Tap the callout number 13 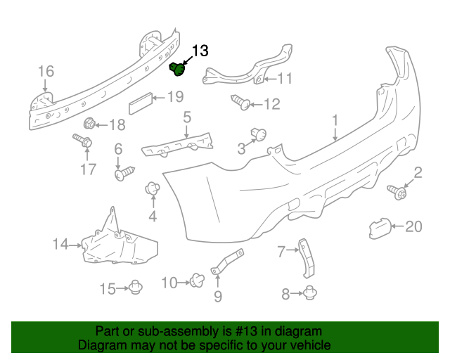(x=200, y=50)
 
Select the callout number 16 (x=45, y=71)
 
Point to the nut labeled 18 (x=89, y=125)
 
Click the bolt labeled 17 (x=83, y=143)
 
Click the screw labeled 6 (x=124, y=172)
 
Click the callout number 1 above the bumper (x=335, y=120)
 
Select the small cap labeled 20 (x=380, y=226)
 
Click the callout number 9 (x=217, y=297)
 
